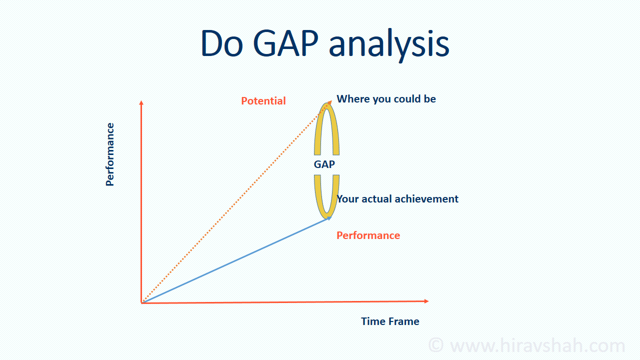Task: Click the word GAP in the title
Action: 285,43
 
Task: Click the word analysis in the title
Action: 389,45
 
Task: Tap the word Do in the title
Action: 222,43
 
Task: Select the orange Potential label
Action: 263,101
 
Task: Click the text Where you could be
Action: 386,99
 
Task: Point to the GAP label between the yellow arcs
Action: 324,164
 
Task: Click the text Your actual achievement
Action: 397,199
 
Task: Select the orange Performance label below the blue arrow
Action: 368,235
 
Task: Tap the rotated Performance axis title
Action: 109,154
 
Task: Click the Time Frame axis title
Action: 390,321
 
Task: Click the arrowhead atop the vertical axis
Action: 141,102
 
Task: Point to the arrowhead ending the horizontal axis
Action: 426,301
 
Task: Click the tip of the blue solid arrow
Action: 331,217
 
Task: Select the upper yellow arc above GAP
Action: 317,134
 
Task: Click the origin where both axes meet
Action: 141,303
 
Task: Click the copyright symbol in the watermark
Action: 436,345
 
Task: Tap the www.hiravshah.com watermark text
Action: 537,345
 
